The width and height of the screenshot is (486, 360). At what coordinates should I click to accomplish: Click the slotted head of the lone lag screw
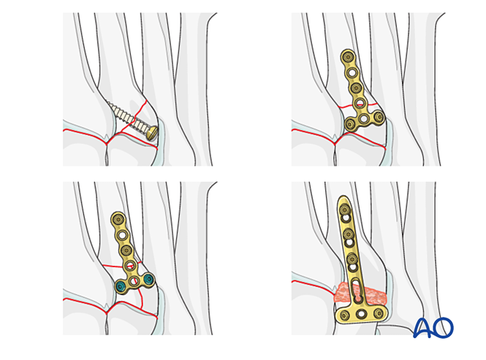click(152, 133)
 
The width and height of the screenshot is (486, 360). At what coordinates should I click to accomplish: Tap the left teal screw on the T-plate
click(121, 286)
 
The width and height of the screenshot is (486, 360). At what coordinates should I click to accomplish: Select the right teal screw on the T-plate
click(149, 280)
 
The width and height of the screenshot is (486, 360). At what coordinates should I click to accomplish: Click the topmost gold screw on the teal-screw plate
click(118, 219)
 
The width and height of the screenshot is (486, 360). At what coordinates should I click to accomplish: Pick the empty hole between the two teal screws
click(134, 281)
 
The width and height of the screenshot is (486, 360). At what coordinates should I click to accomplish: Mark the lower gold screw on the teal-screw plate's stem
click(126, 250)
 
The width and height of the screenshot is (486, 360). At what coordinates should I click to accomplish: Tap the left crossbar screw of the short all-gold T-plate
click(350, 124)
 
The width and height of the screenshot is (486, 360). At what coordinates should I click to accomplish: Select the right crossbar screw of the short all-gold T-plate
click(379, 117)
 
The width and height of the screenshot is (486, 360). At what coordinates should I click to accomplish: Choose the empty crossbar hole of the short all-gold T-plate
click(364, 118)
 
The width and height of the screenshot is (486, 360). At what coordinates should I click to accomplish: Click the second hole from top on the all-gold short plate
click(352, 73)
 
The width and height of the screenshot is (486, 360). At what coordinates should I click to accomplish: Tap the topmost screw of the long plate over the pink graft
click(345, 210)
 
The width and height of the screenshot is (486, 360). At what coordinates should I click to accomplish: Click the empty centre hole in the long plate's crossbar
click(362, 314)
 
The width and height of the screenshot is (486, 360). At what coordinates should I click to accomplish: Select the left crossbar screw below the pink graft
click(344, 315)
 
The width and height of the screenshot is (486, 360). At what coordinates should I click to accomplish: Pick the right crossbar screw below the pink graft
click(379, 313)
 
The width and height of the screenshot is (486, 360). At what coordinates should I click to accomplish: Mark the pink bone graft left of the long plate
click(343, 293)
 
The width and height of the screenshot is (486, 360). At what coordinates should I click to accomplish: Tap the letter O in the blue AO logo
click(443, 327)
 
